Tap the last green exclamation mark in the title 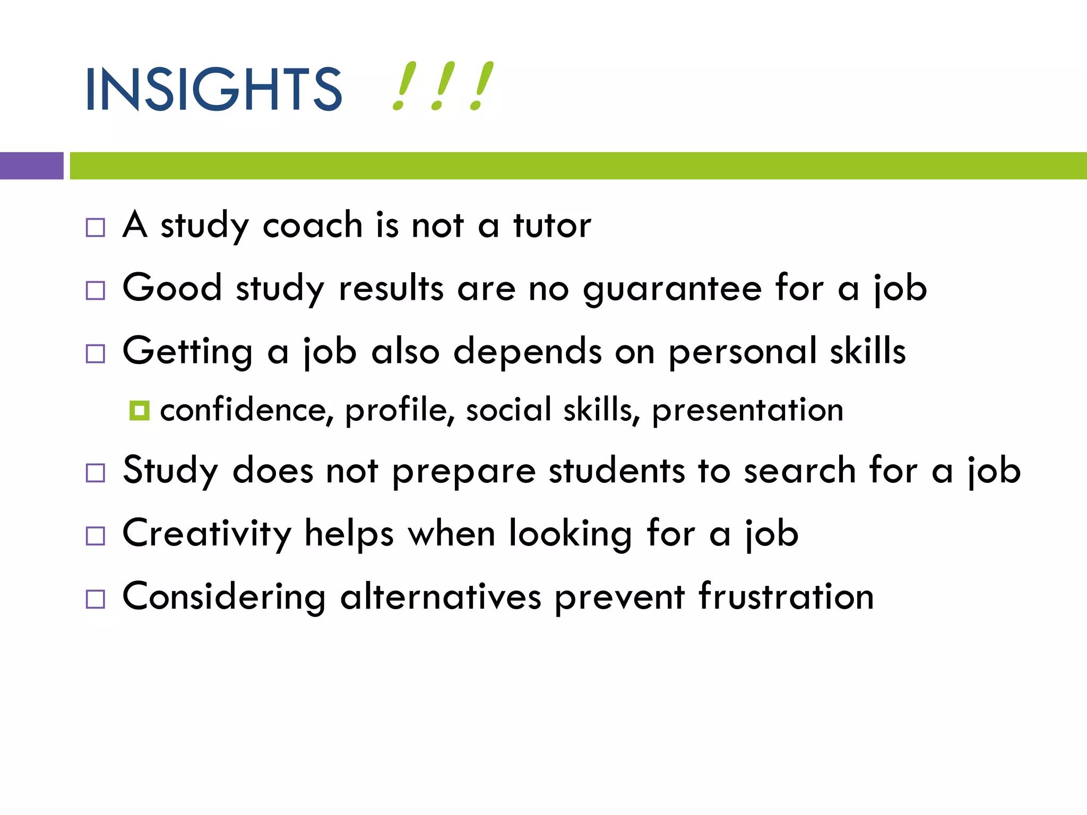coord(481,86)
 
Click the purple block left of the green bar coord(31,166)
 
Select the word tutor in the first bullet coord(551,226)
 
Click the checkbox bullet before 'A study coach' coord(96,228)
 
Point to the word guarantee coord(672,290)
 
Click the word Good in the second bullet coord(172,288)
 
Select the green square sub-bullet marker coord(139,410)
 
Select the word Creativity coord(207,534)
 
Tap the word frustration coord(786,596)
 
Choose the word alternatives coord(441,596)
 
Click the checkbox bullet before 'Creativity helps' coord(96,536)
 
